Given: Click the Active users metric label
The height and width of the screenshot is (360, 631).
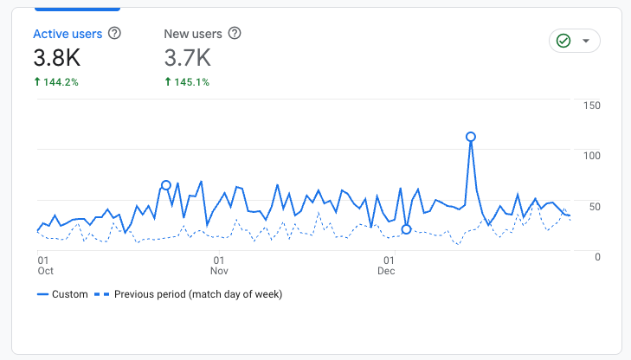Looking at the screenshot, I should coord(68,35).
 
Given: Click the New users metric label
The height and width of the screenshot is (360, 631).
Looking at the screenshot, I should coord(193,35).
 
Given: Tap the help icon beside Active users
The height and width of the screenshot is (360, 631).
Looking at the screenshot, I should coord(114,35).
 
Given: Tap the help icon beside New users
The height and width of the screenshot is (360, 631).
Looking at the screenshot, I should coord(234,35).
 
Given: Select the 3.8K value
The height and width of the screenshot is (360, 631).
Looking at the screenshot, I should coord(58,59).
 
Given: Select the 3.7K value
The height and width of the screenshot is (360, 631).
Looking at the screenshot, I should coord(188,59).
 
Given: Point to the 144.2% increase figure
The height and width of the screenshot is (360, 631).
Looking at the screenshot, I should coord(57,82).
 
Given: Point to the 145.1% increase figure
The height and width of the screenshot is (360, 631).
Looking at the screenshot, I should coord(187,82).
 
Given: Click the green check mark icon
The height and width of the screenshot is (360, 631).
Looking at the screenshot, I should coord(563,42).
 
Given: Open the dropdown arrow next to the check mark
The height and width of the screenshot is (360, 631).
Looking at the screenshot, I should coord(586,42).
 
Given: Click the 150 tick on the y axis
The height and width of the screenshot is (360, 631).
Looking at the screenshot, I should coord(592,106).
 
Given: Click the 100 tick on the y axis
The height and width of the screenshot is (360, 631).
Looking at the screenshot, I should coord(592,156).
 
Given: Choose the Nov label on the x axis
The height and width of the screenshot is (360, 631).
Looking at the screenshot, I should coord(221,271).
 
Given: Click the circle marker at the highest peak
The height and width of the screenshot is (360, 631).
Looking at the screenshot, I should coord(471,137).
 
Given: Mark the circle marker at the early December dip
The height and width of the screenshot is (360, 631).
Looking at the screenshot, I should coord(406,229).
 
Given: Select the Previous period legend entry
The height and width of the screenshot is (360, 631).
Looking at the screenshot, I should coord(190,294).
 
